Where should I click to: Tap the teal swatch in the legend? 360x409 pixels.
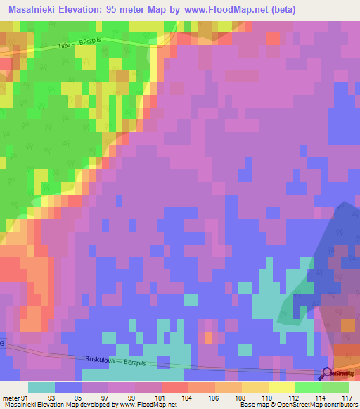(41, 387)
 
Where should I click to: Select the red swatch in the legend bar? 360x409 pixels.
(175, 387)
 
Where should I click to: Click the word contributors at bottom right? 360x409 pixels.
(338, 405)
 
